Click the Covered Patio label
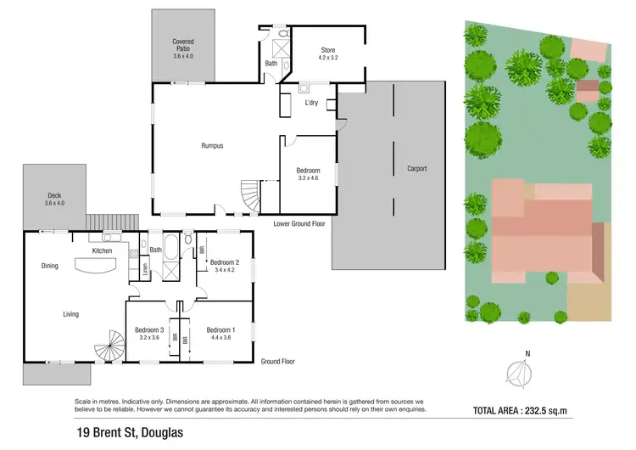click(183, 45)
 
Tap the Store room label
click(327, 53)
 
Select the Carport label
click(416, 168)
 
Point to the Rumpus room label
click(212, 146)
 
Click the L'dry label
click(312, 103)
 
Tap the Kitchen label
click(103, 251)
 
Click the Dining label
click(50, 267)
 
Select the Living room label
click(70, 314)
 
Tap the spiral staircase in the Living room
click(108, 345)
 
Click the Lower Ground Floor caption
click(299, 224)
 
